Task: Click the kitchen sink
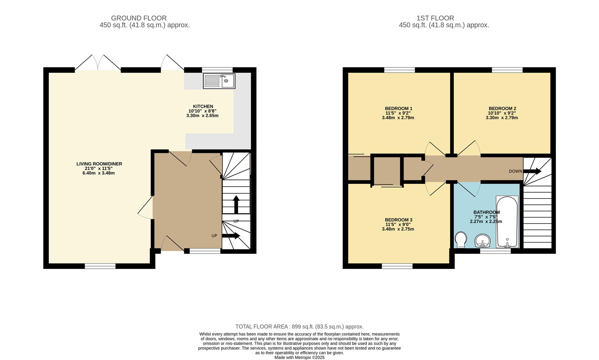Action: pyautogui.click(x=219, y=81)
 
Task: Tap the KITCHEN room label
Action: pyautogui.click(x=203, y=106)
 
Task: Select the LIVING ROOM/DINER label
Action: pyautogui.click(x=99, y=164)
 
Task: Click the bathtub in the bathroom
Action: pyautogui.click(x=507, y=222)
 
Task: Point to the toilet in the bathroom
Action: pyautogui.click(x=461, y=240)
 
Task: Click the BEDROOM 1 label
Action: pyautogui.click(x=398, y=108)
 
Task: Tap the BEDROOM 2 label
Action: pyautogui.click(x=502, y=108)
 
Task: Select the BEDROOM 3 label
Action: pyautogui.click(x=398, y=220)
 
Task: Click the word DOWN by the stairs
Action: pyautogui.click(x=515, y=171)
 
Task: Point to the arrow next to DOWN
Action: pyautogui.click(x=532, y=171)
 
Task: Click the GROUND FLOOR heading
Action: pyautogui.click(x=139, y=18)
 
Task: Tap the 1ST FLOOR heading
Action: pyautogui.click(x=435, y=18)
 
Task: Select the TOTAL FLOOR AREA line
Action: pyautogui.click(x=299, y=327)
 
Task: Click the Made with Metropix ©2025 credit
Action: pyautogui.click(x=299, y=357)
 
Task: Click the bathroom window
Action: pyautogui.click(x=495, y=251)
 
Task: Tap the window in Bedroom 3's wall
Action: pyautogui.click(x=397, y=266)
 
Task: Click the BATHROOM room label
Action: pyautogui.click(x=486, y=212)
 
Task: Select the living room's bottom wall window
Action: pyautogui.click(x=100, y=266)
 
